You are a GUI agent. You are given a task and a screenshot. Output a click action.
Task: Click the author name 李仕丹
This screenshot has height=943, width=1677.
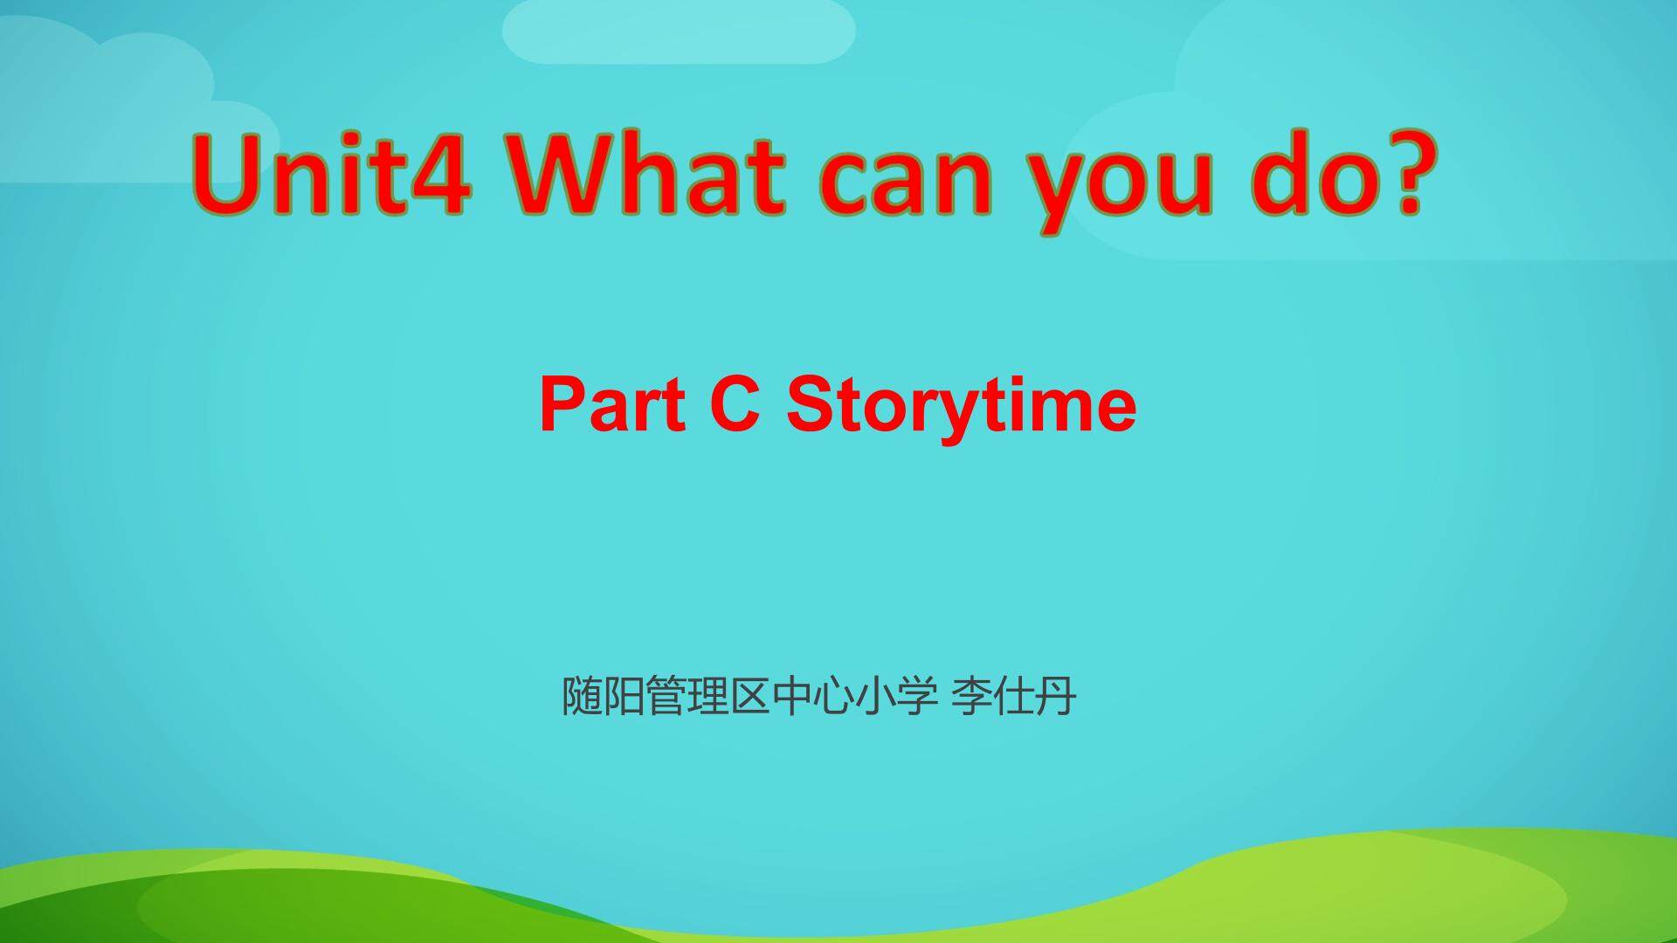point(1013,697)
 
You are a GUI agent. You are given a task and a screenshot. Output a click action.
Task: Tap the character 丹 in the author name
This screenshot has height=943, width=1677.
point(1055,697)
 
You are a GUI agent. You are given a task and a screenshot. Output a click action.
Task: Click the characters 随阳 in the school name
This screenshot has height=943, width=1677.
point(603,697)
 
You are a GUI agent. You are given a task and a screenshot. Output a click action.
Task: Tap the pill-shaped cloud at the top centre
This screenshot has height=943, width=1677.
point(679,30)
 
